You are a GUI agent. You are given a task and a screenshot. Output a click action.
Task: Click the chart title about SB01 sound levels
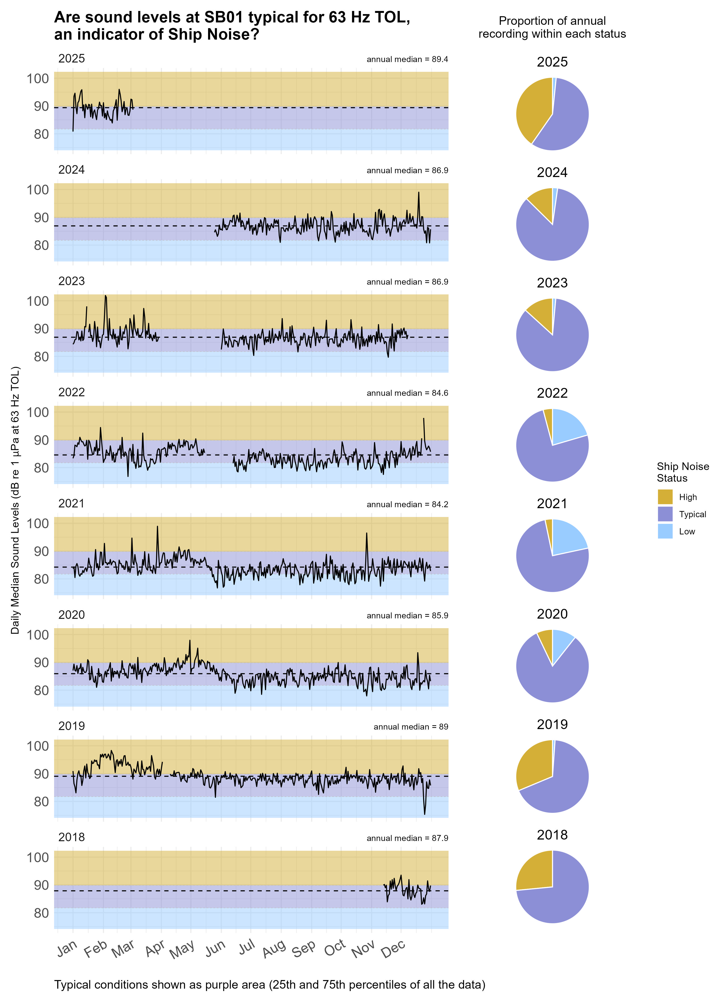click(x=232, y=26)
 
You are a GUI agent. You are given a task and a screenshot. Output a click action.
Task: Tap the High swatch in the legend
click(x=665, y=497)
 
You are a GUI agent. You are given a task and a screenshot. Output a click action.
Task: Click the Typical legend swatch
click(x=665, y=514)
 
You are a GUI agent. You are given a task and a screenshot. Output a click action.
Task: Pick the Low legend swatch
click(x=665, y=531)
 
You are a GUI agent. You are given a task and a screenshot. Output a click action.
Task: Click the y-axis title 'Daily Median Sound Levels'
click(x=15, y=500)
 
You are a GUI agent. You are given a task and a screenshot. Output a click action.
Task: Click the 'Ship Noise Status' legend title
click(x=682, y=472)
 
